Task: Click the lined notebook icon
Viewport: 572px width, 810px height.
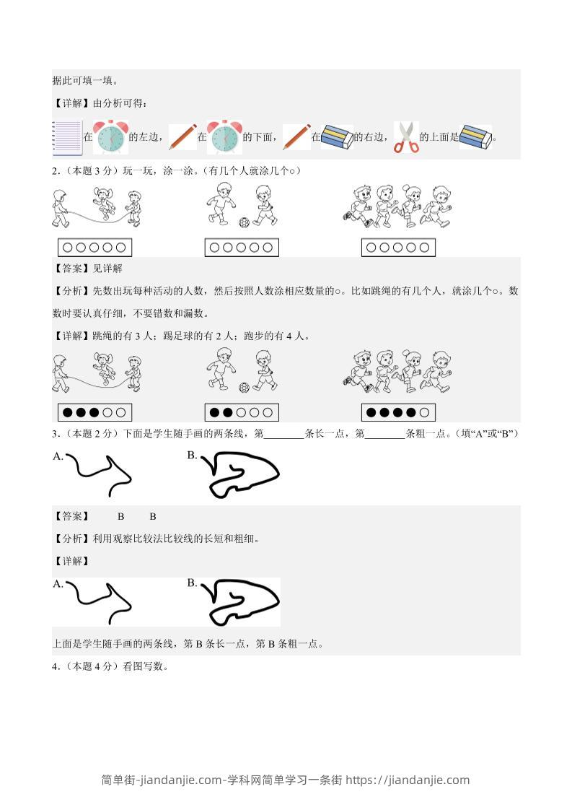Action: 67,137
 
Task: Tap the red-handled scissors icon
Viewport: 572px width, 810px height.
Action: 406,137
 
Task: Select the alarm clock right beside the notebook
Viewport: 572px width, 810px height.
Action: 110,137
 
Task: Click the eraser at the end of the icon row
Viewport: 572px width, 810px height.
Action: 475,137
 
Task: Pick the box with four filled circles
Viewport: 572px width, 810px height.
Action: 398,412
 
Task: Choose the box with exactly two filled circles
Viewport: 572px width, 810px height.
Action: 242,412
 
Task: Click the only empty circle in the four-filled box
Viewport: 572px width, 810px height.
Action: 424,412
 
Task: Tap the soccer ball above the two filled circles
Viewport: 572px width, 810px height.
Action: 245,387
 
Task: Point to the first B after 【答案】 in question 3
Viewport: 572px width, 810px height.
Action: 120,516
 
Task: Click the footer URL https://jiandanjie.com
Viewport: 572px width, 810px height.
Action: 408,780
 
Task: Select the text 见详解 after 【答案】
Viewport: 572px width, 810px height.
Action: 107,269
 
